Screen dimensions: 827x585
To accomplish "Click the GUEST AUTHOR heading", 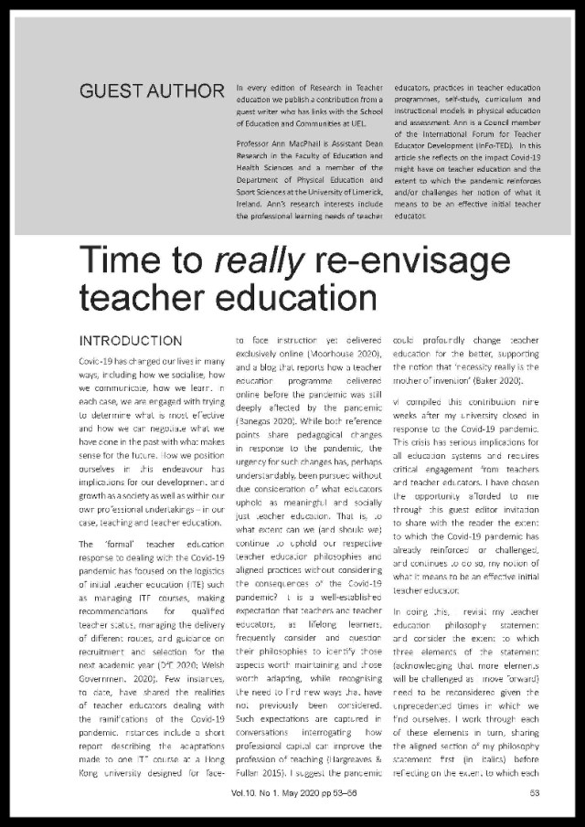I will [x=151, y=91].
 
